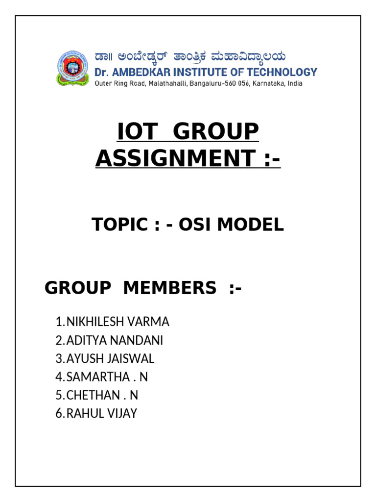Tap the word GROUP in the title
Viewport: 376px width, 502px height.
point(216,132)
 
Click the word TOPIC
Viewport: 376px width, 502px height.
point(119,225)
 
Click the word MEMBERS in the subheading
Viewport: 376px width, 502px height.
point(169,288)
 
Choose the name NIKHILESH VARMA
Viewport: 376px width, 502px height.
point(118,322)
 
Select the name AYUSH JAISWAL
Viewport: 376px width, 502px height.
point(110,359)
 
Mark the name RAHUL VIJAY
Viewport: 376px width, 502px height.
point(102,413)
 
